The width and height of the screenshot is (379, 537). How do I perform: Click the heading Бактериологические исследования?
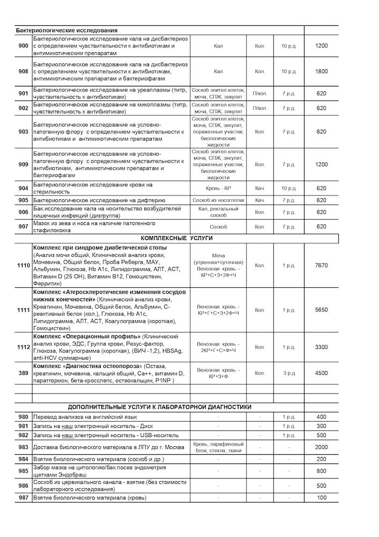click(67, 30)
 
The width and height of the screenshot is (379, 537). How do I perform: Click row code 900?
click(23, 46)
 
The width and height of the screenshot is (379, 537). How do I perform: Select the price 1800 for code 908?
click(321, 71)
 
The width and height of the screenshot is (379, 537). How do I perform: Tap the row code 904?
click(23, 188)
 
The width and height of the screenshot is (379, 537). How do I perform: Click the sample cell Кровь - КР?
click(218, 188)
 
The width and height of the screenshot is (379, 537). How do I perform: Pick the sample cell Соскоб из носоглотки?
click(218, 200)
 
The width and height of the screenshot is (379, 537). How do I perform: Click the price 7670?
click(321, 265)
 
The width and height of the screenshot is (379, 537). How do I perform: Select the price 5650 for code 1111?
click(321, 310)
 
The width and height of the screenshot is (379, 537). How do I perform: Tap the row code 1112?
click(23, 347)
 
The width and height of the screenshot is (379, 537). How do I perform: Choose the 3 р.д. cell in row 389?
click(289, 373)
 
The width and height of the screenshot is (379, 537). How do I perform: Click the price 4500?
click(321, 373)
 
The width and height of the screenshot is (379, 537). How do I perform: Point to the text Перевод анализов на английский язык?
click(85, 417)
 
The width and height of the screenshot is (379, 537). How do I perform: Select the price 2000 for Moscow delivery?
click(321, 447)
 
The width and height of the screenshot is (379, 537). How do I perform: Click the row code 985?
click(23, 471)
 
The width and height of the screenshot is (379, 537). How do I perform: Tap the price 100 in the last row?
click(321, 498)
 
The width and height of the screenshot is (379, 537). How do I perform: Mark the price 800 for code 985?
click(321, 471)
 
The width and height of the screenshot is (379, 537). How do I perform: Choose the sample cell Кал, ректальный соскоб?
click(218, 212)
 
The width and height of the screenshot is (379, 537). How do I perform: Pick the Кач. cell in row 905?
click(259, 200)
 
